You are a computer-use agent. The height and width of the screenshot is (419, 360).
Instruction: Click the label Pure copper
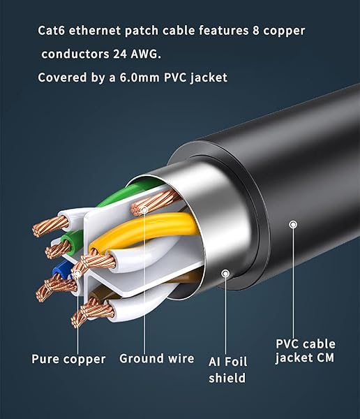click(x=68, y=359)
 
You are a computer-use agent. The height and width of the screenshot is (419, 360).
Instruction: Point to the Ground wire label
click(x=156, y=359)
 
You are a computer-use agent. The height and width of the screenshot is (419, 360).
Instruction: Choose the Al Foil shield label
click(x=227, y=369)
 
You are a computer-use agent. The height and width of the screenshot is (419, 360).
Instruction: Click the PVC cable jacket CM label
click(x=305, y=351)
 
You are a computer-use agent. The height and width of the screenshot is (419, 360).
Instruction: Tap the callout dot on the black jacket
click(x=294, y=224)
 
